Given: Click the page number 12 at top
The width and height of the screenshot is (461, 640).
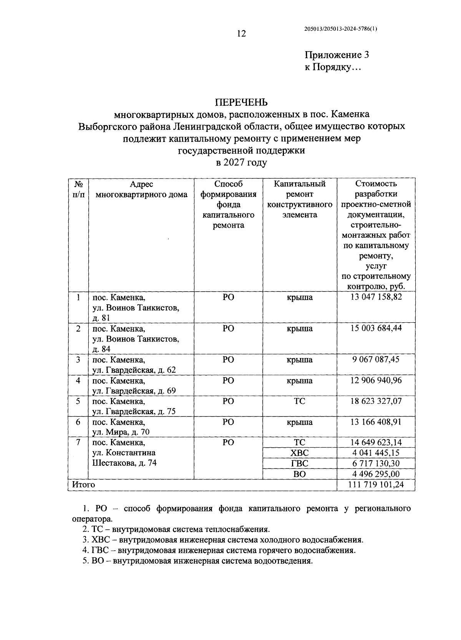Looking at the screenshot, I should tap(241, 34).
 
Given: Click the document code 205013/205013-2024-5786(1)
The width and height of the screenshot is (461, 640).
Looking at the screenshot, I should tap(340, 28).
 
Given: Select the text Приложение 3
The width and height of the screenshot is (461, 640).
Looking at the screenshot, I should tap(337, 55).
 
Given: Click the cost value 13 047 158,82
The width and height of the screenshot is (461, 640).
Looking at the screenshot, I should tap(376, 297).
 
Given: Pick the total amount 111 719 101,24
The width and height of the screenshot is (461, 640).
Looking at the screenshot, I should tap(376, 484).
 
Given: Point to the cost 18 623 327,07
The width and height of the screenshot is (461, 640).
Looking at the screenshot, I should tap(376, 401).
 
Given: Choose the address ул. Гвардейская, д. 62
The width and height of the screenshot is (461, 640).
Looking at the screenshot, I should tap(134, 370).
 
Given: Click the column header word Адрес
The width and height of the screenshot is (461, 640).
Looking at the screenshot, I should tap(141, 184).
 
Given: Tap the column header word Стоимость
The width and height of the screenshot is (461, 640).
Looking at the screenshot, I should tap(376, 184).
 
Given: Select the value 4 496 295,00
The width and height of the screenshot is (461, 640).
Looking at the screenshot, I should tap(376, 474).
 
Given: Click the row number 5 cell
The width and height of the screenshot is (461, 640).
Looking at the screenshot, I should tap(78, 401).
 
